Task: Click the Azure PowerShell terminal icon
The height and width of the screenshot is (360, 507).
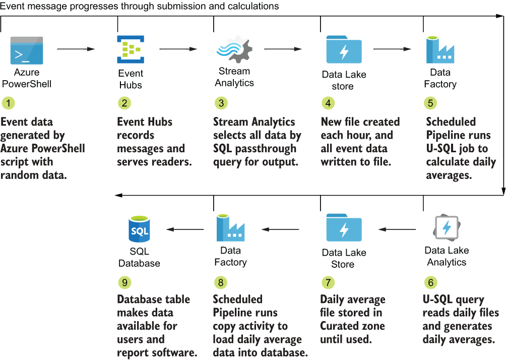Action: tap(27, 50)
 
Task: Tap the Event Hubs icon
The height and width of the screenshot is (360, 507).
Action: tap(130, 49)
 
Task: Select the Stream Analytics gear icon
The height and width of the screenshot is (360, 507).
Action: tap(233, 49)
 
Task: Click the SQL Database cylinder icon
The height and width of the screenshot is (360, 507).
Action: tap(139, 230)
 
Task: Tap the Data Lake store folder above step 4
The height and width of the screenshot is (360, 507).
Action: tap(344, 49)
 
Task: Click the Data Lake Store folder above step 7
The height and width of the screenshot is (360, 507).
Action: tap(344, 229)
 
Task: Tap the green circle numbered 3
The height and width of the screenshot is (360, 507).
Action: tap(220, 103)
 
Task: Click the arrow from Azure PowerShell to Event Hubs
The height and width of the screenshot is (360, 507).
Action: tap(76, 49)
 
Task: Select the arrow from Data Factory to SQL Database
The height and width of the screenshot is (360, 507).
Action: tap(185, 229)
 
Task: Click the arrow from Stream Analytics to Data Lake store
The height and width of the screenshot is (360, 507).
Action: tap(283, 49)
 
